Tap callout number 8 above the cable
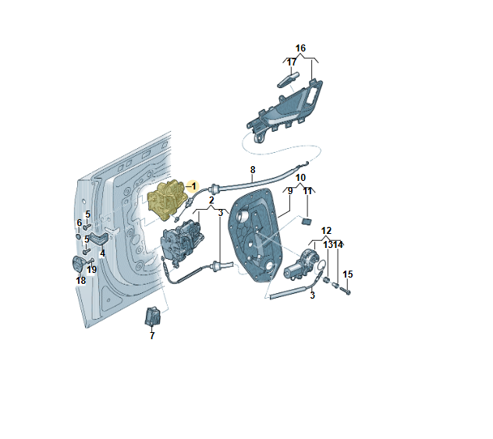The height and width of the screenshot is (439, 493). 252,169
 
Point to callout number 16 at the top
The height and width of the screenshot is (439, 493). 300,48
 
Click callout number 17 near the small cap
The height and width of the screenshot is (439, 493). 291,62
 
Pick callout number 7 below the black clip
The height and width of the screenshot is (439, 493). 152,335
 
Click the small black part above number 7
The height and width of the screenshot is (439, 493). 153,317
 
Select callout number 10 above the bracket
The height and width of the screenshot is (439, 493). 300,179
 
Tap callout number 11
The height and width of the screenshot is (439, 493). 307,191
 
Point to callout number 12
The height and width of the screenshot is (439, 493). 326,231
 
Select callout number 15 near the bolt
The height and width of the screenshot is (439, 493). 348,274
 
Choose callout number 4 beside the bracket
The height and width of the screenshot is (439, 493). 102,253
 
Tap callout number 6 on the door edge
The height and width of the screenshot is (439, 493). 79,223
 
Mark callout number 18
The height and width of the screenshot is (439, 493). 80,280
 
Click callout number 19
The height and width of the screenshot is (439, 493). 92,270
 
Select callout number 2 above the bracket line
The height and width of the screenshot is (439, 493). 211,200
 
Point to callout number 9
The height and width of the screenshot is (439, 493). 290,191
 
